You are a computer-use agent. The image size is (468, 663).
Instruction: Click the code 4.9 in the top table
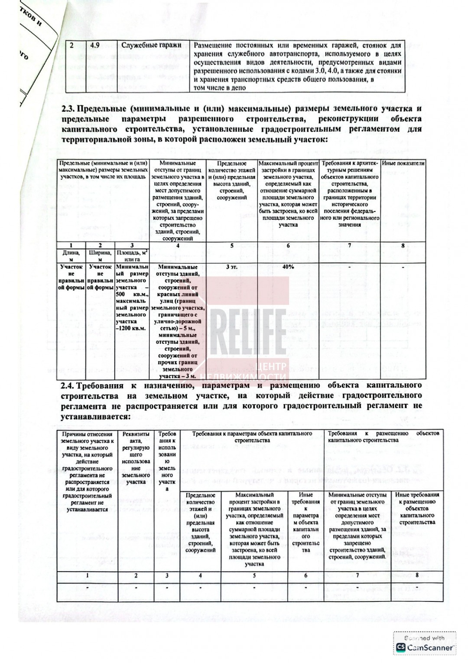95,45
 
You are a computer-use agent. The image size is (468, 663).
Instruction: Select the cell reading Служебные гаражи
151,45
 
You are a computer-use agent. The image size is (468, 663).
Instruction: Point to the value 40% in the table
288,267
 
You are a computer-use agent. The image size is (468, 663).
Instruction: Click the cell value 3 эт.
232,267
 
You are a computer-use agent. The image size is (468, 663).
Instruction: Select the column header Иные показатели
403,163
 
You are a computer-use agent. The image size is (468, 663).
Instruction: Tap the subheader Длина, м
71,255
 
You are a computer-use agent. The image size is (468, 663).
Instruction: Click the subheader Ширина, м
100,255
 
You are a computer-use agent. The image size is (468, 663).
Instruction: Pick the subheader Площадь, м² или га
132,255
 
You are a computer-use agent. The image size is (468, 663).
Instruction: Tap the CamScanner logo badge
425,643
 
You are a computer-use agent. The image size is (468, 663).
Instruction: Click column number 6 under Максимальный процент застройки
288,245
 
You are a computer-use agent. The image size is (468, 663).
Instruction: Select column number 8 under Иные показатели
403,245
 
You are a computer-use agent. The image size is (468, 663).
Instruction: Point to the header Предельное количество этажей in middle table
232,180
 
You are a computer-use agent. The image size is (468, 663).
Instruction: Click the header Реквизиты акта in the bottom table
136,457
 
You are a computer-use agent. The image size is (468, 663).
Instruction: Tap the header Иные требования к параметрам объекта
306,522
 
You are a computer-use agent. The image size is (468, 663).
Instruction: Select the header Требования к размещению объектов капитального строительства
383,437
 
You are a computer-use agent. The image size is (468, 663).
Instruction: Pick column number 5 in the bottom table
254,575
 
